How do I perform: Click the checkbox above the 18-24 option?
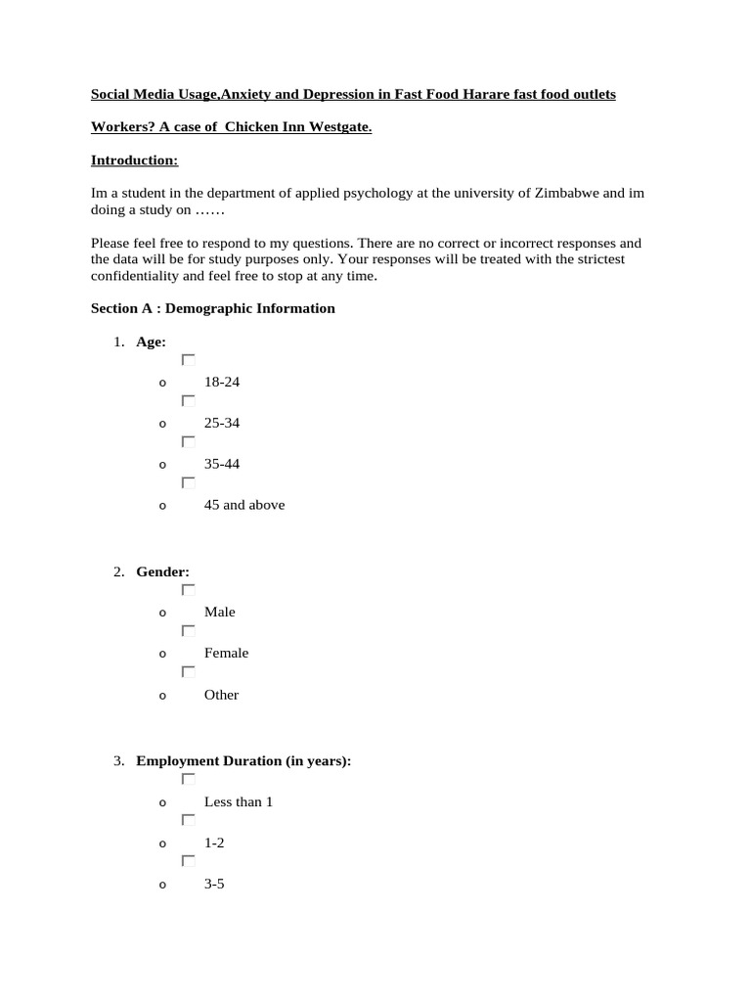188,360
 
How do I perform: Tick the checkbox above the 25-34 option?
188,401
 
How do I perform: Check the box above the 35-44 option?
188,442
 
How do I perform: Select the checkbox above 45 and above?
188,483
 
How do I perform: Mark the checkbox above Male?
188,590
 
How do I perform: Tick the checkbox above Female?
188,631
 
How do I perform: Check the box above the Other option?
188,672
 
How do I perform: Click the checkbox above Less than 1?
188,779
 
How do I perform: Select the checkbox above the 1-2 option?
188,820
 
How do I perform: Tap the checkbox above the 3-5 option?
188,861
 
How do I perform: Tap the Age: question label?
151,341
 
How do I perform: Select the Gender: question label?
162,571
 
